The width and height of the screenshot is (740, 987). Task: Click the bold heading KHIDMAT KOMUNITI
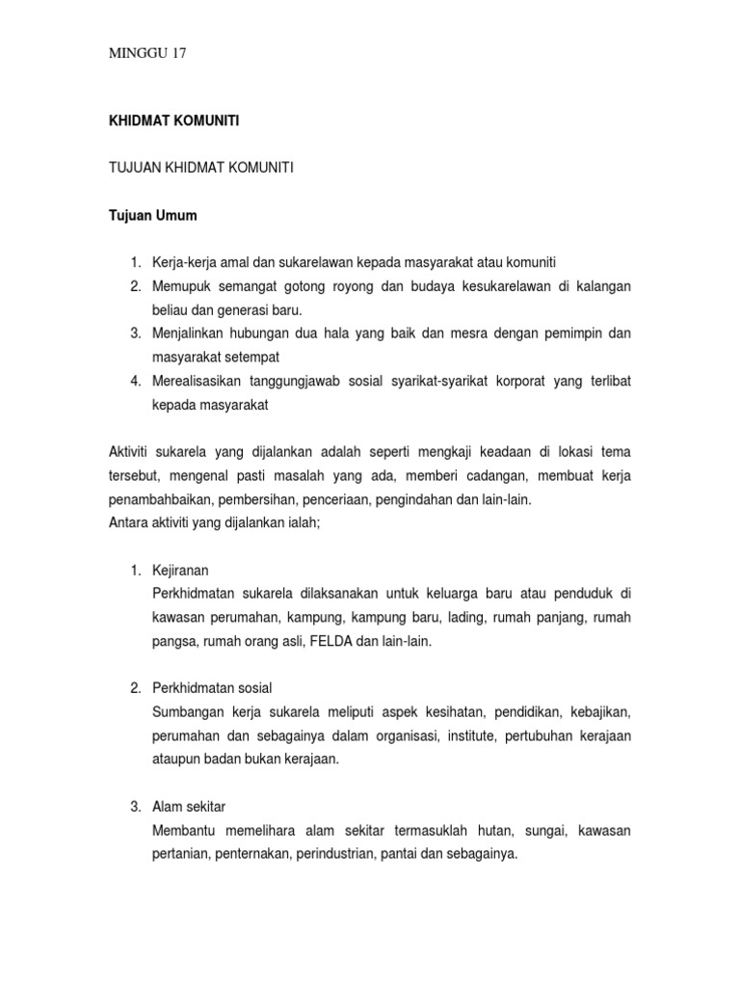(172, 121)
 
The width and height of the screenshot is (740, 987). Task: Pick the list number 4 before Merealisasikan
(136, 381)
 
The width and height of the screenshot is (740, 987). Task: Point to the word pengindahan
(436, 500)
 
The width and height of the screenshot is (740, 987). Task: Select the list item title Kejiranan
(180, 570)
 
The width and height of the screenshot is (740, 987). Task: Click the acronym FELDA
(330, 639)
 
